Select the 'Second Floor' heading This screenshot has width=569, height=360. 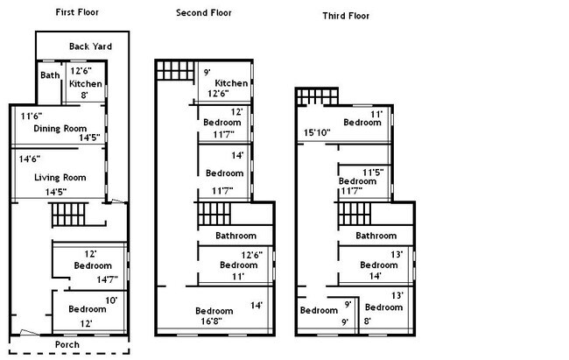pos(205,13)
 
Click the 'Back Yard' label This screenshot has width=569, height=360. pos(91,46)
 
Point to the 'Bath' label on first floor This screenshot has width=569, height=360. pos(49,75)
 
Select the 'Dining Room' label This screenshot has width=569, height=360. pos(58,129)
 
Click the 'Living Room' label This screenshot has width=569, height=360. pos(58,178)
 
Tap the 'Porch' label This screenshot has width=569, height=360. pos(67,344)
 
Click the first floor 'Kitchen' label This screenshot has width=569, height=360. pos(86,83)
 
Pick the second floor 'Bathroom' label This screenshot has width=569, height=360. pos(236,236)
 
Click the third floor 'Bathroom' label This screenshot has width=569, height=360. pos(376,236)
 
